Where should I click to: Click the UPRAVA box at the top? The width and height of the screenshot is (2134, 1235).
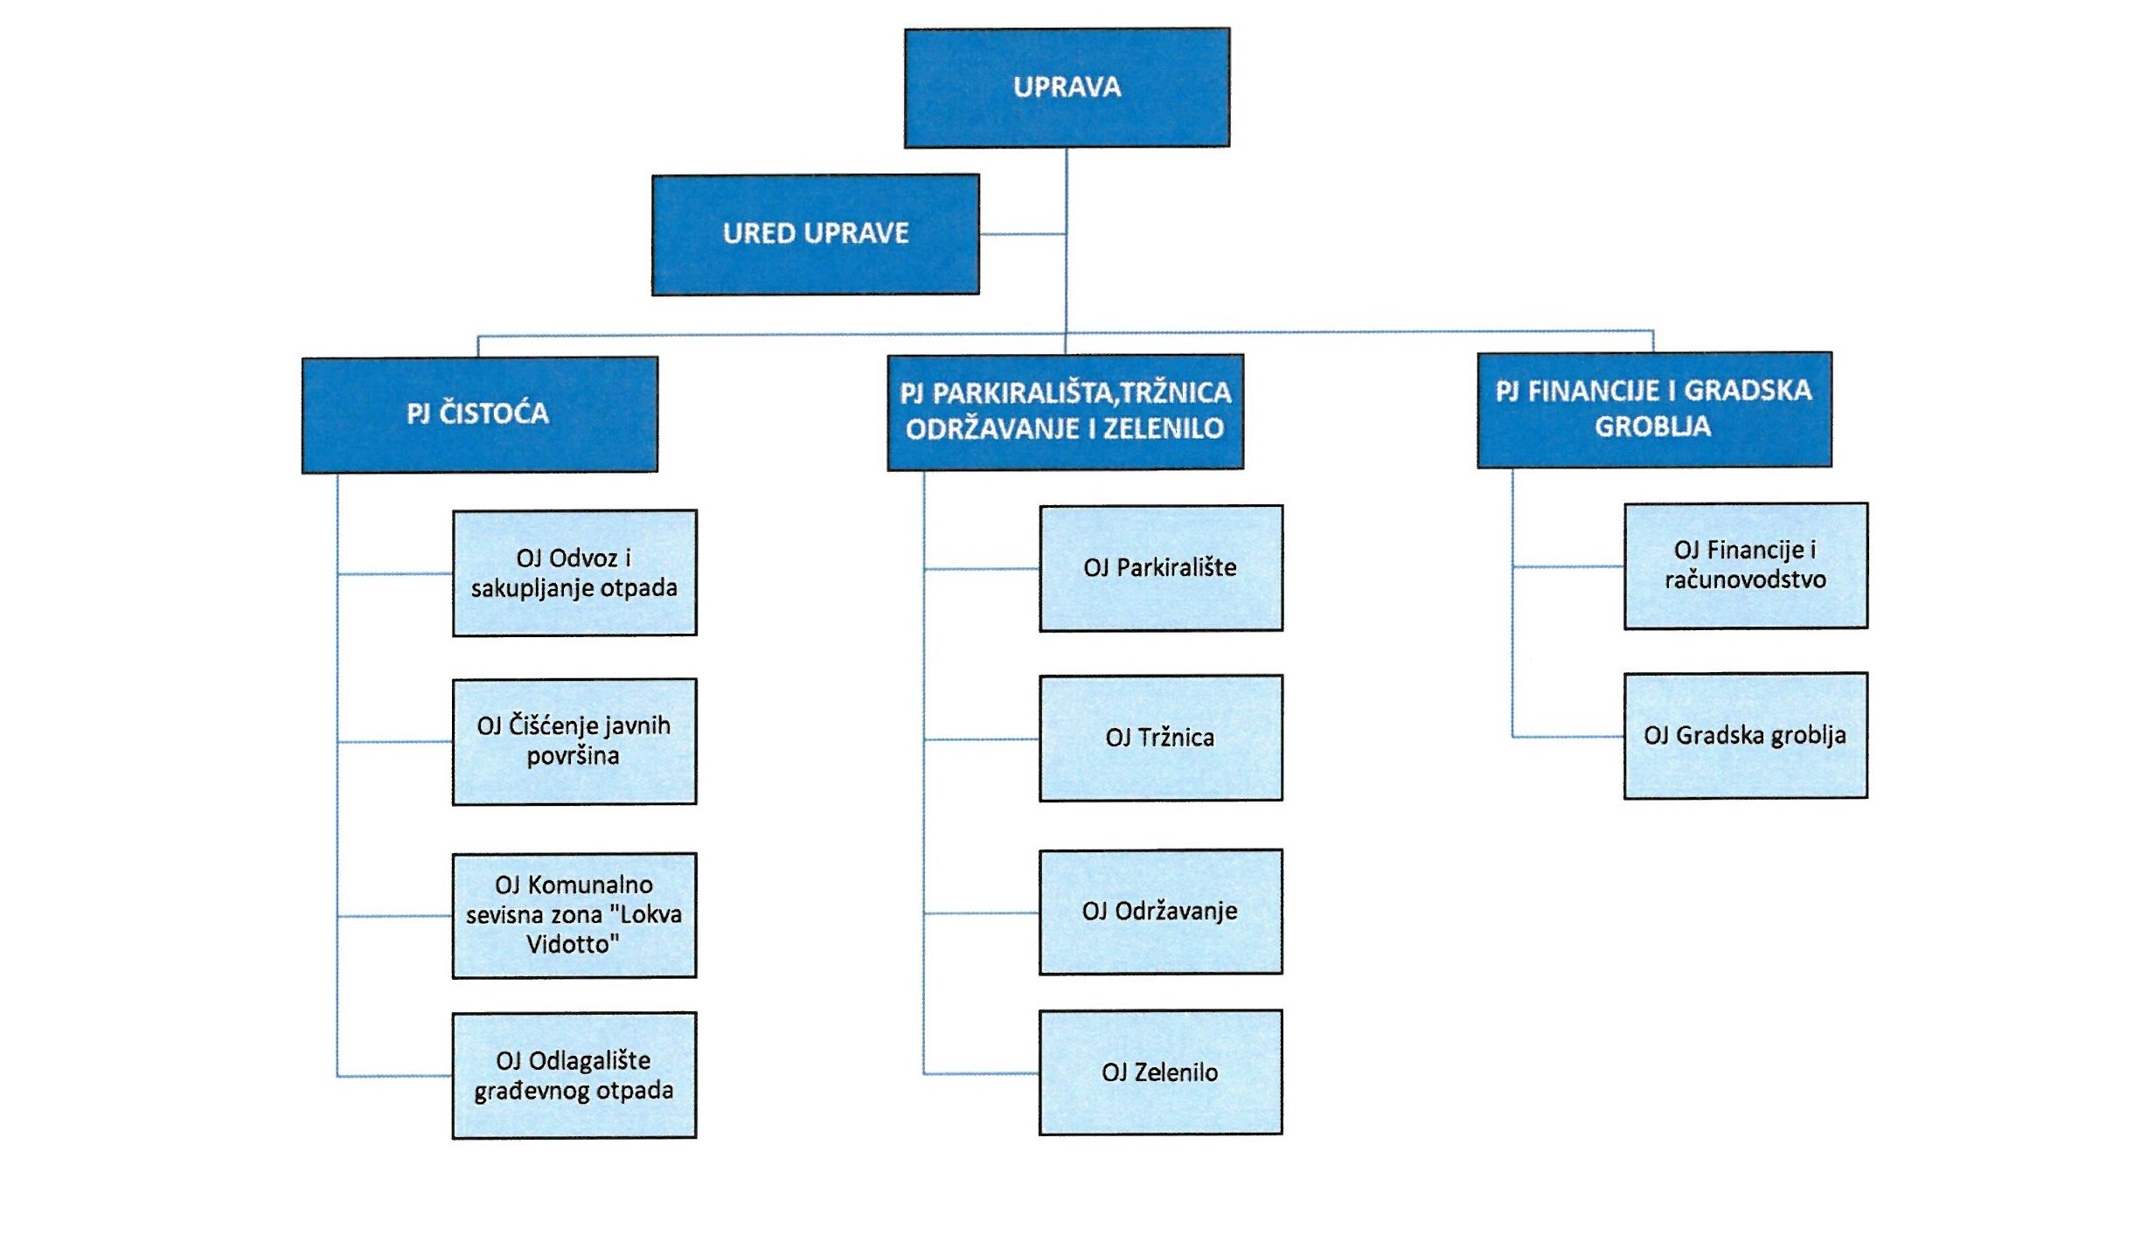coord(1067,87)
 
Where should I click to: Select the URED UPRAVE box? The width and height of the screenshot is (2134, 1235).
coord(815,234)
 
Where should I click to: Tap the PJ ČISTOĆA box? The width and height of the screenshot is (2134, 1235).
coord(479,414)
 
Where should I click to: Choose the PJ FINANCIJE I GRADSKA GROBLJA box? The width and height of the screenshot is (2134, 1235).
coord(1653,409)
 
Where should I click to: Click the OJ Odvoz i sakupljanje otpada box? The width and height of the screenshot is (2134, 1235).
coord(574,572)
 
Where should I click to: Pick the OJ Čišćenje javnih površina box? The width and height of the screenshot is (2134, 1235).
coord(574,741)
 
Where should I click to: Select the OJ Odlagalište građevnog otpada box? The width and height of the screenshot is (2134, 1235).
coord(574,1075)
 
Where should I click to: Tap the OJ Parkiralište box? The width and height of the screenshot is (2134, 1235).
coord(1160,568)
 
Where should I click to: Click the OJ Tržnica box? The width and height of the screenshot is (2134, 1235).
coord(1160,738)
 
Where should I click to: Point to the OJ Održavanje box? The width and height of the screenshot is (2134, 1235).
coord(1160,912)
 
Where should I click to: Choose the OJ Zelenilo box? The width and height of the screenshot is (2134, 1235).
coord(1160,1072)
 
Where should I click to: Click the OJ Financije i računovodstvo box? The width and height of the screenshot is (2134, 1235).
coord(1745,565)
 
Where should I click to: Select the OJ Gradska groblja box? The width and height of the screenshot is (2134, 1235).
coord(1745,735)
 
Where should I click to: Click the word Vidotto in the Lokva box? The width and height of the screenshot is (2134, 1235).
coord(573,945)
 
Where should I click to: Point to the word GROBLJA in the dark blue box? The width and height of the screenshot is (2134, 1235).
coord(1652,427)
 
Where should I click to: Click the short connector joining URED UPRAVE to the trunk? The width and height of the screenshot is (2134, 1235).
coord(1022,234)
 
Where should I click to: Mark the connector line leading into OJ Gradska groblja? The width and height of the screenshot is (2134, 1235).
coord(1568,737)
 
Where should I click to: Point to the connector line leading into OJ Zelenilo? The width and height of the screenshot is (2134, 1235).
coord(981,1073)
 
